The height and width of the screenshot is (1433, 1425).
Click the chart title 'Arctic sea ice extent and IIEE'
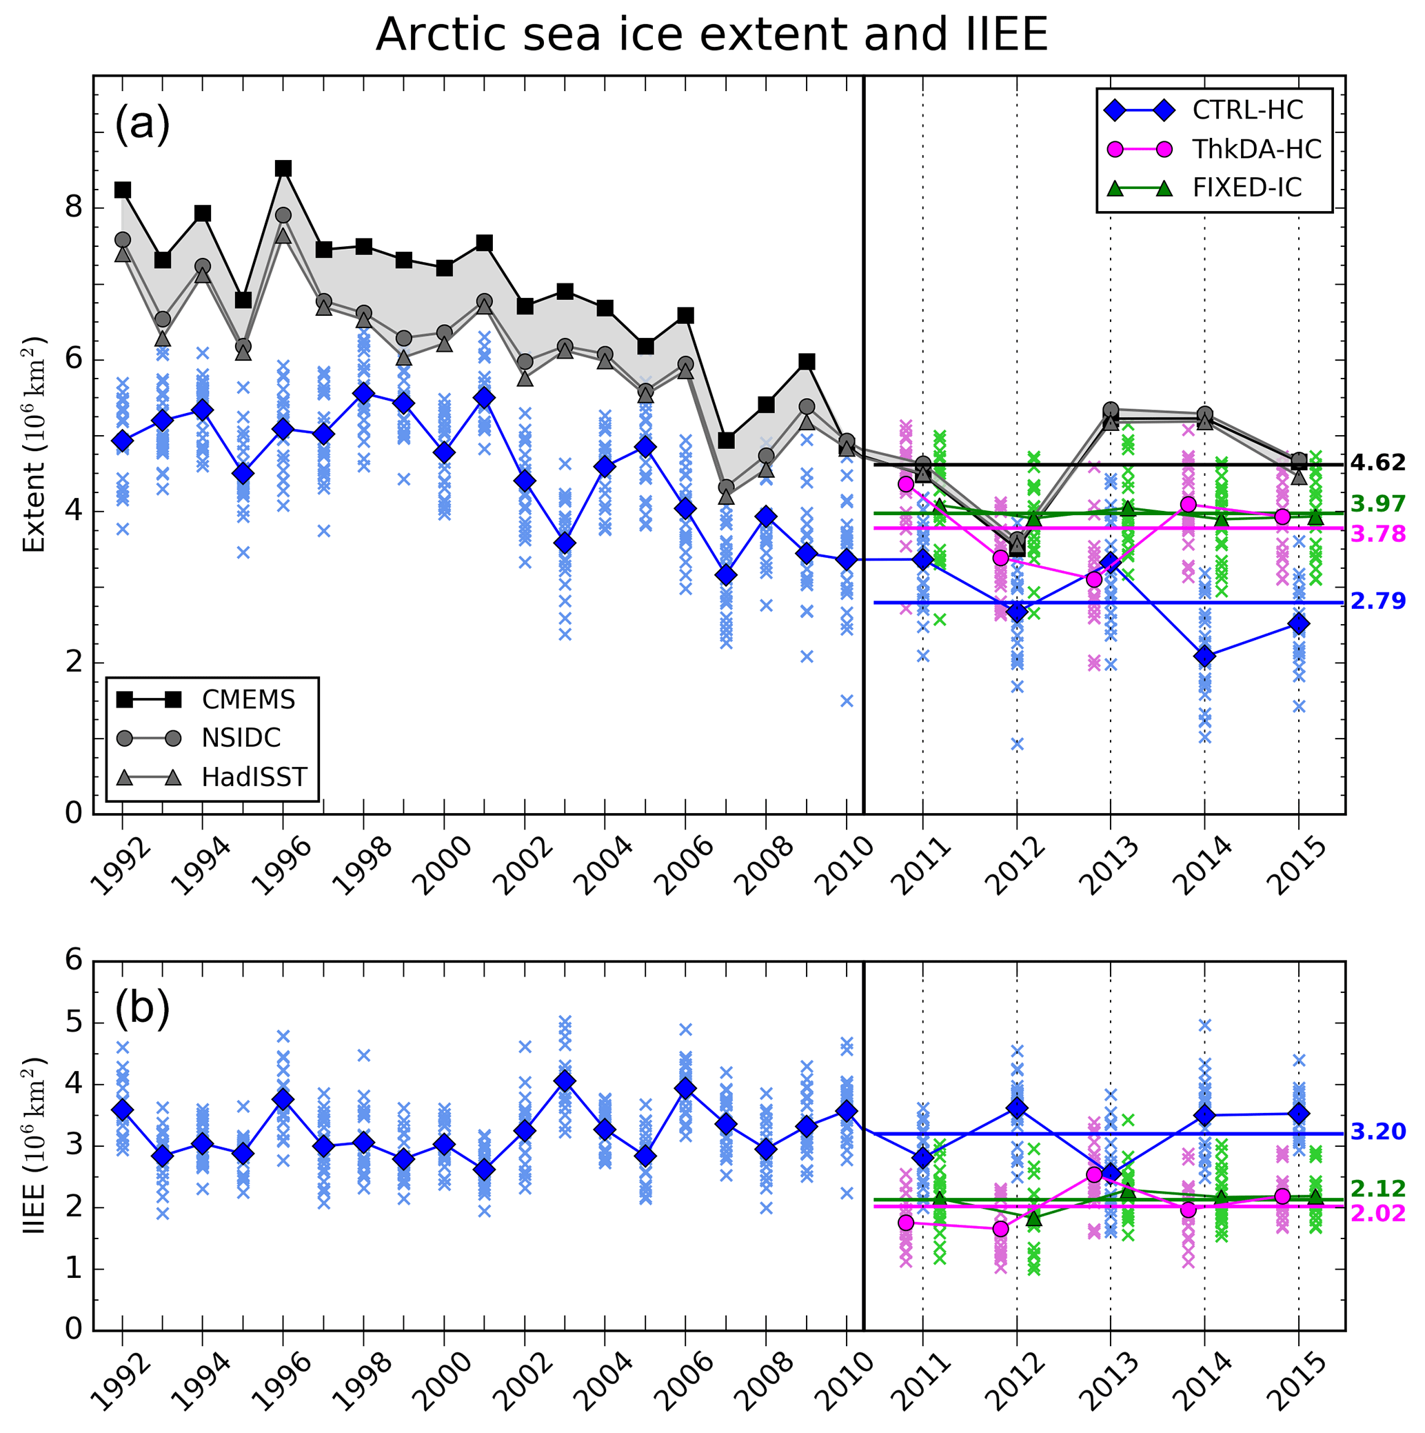click(711, 34)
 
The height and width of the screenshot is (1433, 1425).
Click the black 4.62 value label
click(1377, 463)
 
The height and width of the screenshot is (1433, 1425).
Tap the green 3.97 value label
click(1377, 504)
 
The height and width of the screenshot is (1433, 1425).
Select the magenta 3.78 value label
click(1377, 534)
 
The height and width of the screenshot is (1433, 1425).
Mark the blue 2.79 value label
click(1377, 601)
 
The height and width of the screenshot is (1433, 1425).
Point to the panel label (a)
click(142, 124)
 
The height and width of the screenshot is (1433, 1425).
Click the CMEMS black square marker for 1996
click(283, 169)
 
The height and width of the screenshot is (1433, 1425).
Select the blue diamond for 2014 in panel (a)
click(1205, 657)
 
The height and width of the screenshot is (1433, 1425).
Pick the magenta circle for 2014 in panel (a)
click(1189, 504)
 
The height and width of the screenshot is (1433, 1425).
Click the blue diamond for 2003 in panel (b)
click(565, 1081)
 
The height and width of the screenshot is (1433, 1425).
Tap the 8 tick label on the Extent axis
click(72, 207)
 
